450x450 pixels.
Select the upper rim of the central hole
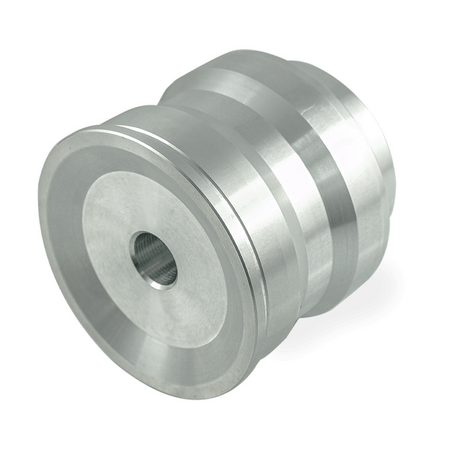coord(150,234)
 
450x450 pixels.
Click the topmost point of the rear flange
coord(250,55)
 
